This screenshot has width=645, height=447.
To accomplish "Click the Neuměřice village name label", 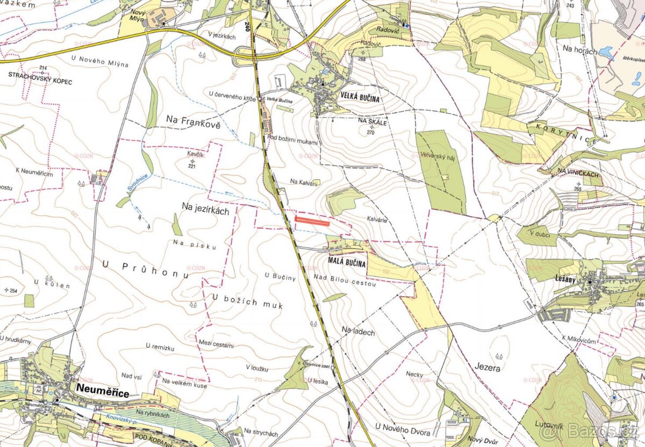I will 102,393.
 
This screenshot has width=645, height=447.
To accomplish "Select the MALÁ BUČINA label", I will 347,263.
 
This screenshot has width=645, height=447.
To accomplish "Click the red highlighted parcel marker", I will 312,220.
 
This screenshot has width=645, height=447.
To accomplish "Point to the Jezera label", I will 488,368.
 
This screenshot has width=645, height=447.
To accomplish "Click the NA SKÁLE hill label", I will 369,122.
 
